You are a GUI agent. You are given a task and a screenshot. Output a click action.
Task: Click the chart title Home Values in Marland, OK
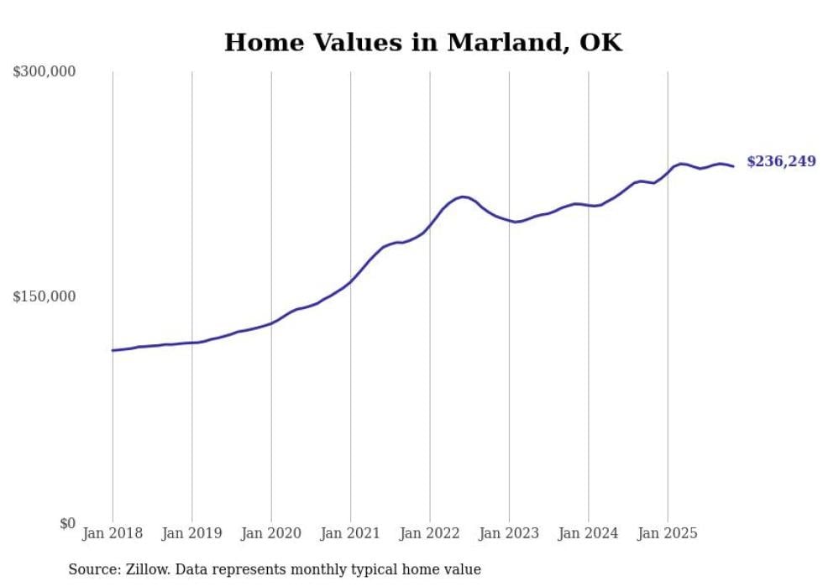(423, 42)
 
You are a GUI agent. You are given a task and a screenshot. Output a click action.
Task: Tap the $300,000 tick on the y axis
(44, 72)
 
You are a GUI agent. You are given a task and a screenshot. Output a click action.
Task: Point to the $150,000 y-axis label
(44, 296)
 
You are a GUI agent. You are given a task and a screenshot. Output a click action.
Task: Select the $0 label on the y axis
(66, 524)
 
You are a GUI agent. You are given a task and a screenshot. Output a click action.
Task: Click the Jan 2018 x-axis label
(113, 533)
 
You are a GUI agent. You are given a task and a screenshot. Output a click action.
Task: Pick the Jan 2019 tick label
(191, 533)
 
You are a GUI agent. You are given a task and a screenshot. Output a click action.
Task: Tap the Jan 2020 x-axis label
(271, 533)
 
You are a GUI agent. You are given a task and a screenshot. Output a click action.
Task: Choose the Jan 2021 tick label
(350, 533)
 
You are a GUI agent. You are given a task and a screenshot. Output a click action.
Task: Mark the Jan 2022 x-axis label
(430, 533)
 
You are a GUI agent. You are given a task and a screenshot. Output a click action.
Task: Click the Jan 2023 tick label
(509, 533)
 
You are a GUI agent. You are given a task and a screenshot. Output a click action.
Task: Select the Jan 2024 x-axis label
(589, 533)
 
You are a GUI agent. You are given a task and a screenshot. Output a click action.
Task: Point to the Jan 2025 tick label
(668, 533)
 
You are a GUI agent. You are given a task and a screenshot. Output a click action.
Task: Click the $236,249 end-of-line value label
(781, 161)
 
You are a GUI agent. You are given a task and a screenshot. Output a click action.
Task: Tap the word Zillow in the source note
(145, 569)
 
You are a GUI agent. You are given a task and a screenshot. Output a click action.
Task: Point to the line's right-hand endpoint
(733, 166)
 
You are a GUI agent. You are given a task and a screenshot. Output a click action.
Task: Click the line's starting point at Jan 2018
(113, 350)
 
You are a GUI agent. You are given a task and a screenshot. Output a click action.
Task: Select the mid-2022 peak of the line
(462, 197)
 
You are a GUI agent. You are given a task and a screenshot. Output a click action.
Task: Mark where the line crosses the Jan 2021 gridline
(350, 280)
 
